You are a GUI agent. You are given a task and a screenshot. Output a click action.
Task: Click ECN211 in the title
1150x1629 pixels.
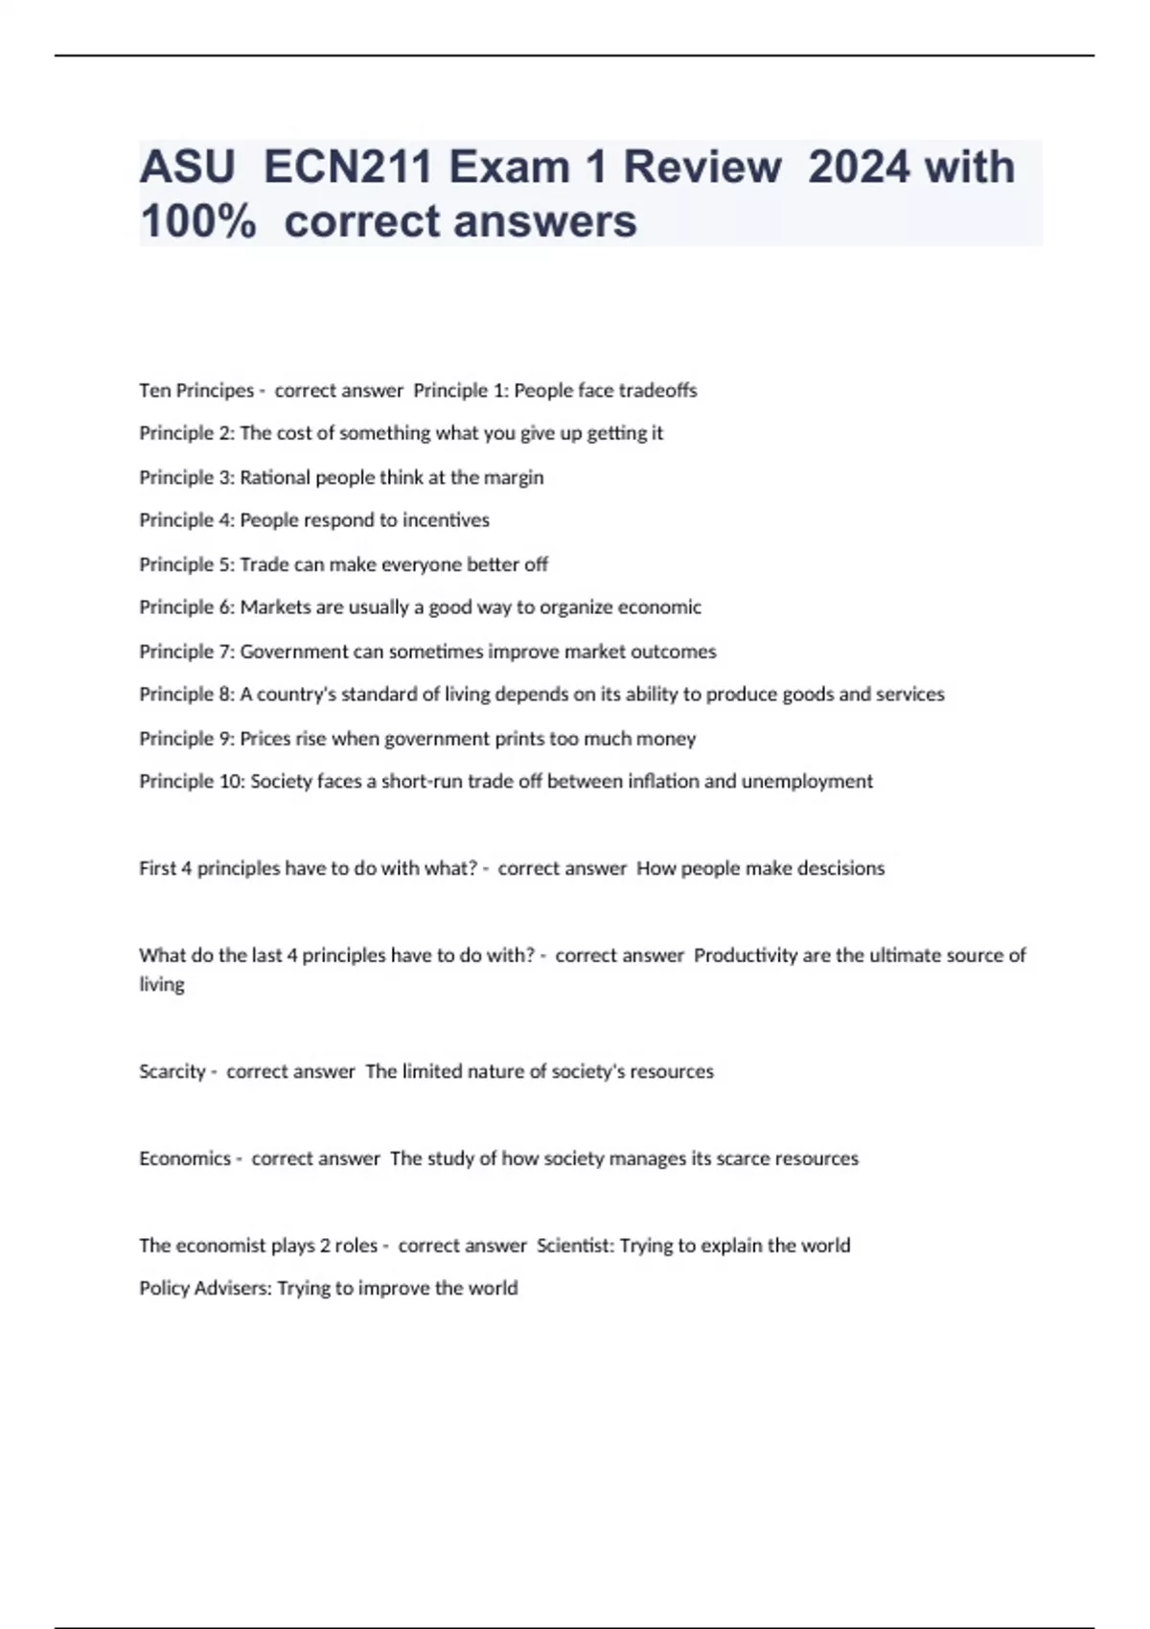(x=349, y=167)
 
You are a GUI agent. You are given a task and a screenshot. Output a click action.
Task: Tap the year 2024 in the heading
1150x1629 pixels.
(x=859, y=167)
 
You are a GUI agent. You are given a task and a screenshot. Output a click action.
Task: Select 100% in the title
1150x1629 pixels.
(x=198, y=221)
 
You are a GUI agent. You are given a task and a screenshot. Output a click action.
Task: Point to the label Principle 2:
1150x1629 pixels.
(x=187, y=433)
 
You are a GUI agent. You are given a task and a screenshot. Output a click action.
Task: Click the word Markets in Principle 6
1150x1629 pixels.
(x=276, y=608)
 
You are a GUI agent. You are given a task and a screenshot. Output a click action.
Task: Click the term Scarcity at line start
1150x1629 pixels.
(x=172, y=1071)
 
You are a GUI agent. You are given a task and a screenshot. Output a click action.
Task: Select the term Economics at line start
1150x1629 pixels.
(x=185, y=1159)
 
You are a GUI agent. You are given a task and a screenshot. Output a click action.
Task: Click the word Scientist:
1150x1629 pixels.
(x=575, y=1246)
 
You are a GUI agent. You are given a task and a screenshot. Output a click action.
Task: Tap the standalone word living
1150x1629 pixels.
(x=162, y=985)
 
